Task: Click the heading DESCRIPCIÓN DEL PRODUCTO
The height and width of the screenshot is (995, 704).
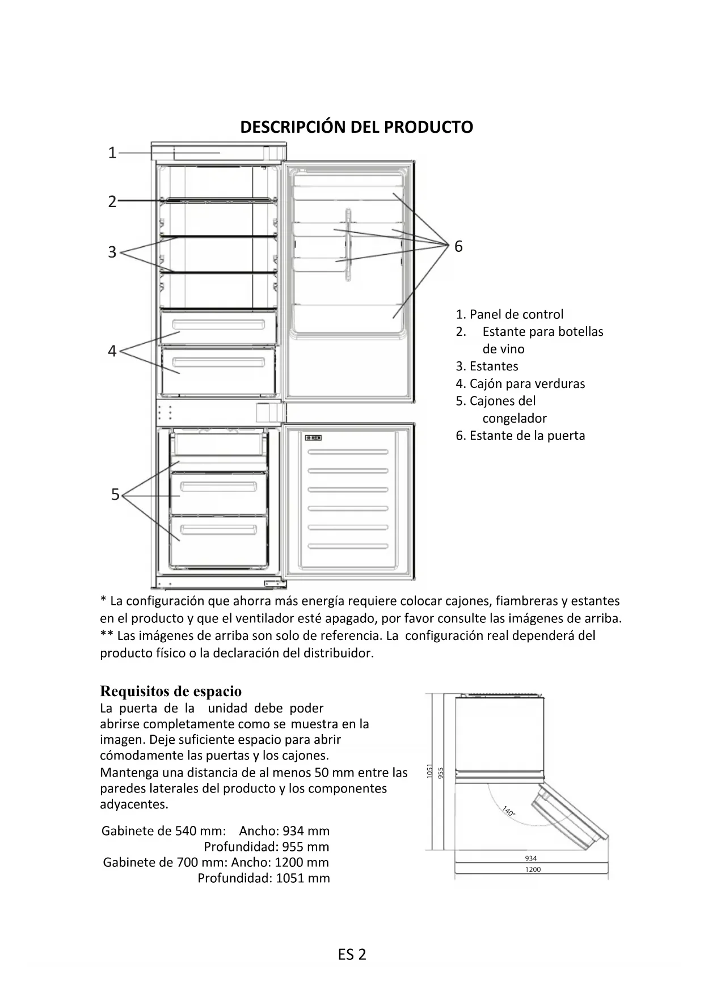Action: (356, 127)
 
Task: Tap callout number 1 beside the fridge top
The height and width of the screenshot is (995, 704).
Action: (112, 153)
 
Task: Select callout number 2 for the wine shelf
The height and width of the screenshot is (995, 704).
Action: (112, 201)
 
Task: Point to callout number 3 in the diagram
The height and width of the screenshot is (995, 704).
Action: (112, 252)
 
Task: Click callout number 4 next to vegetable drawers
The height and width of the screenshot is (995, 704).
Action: (112, 351)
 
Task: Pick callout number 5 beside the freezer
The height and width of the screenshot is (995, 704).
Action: (115, 495)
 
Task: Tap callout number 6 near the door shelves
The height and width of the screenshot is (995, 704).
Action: (458, 246)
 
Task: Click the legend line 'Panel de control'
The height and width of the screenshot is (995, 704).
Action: (509, 314)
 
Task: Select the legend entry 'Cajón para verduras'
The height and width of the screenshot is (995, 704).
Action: (520, 383)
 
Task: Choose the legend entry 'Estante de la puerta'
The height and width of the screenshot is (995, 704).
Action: (520, 436)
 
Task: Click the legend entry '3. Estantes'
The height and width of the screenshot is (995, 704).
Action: (487, 366)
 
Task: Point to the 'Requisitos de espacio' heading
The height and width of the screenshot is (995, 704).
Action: (171, 691)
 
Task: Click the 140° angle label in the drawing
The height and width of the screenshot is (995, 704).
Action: (509, 811)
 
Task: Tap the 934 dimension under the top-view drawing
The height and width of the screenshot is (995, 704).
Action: (531, 858)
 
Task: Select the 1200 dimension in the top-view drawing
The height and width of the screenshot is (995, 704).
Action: (533, 869)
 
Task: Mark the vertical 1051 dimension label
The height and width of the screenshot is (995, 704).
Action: (430, 771)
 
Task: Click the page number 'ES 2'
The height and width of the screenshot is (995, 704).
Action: (352, 955)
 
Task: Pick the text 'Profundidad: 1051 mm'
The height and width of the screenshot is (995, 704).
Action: (264, 878)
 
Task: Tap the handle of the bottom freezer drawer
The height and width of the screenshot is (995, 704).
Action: (218, 530)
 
